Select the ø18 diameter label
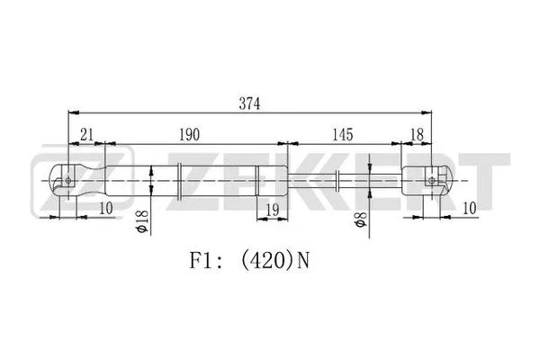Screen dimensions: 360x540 tap(141, 221)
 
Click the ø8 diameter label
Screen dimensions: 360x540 tap(359, 220)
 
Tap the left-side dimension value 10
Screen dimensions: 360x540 tap(106, 209)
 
